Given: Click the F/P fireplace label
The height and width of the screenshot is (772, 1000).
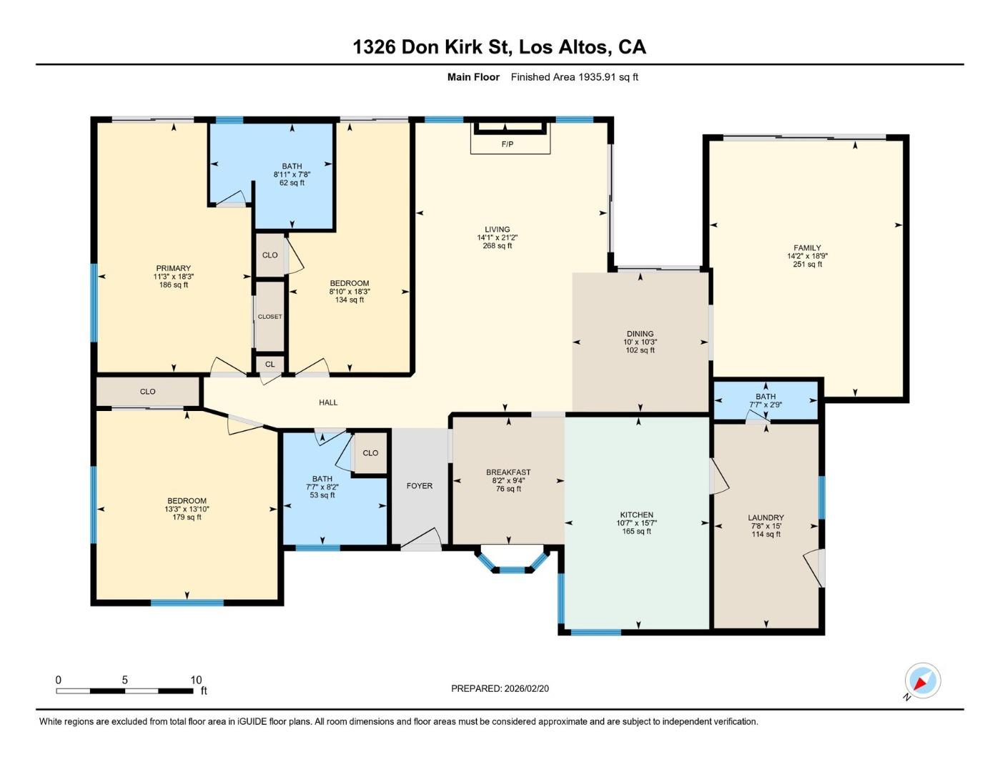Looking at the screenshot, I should coord(507,144).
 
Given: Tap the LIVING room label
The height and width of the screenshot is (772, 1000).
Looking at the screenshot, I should coord(497,229).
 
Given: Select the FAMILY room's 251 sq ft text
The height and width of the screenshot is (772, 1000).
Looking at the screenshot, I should coord(807,264).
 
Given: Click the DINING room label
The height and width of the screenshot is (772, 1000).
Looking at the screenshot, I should coord(640,334).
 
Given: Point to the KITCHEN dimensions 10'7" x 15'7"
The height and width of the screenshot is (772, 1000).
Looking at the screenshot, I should coord(636,523).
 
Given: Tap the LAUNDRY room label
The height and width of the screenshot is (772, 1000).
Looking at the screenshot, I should coord(766,518).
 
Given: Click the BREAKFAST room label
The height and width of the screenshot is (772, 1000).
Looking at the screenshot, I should coord(508,472).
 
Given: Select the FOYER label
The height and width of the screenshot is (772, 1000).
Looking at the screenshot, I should coord(420,486).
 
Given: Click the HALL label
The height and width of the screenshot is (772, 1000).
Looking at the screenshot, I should coord(328,402).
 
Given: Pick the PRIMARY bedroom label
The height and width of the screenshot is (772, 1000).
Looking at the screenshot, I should coord(174,269).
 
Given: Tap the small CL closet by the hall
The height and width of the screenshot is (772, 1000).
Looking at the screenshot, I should coord(270,365).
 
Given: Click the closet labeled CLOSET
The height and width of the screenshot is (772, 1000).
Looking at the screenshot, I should coord(270,317).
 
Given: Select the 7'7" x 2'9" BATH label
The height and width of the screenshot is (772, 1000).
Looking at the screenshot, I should coord(766,400).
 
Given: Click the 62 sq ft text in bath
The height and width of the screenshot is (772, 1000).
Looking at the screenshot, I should coord(292,183).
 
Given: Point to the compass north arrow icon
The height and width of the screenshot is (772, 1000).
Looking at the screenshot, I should coord(922,681).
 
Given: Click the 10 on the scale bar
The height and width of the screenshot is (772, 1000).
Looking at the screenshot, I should coord(196,680).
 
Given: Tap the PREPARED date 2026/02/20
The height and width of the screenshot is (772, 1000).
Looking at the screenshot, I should coord(500,688).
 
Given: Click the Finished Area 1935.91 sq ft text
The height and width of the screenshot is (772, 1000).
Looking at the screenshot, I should coord(574,77).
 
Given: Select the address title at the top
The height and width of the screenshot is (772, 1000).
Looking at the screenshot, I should coord(499,47).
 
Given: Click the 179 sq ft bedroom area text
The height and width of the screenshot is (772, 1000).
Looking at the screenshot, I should coord(187,518).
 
